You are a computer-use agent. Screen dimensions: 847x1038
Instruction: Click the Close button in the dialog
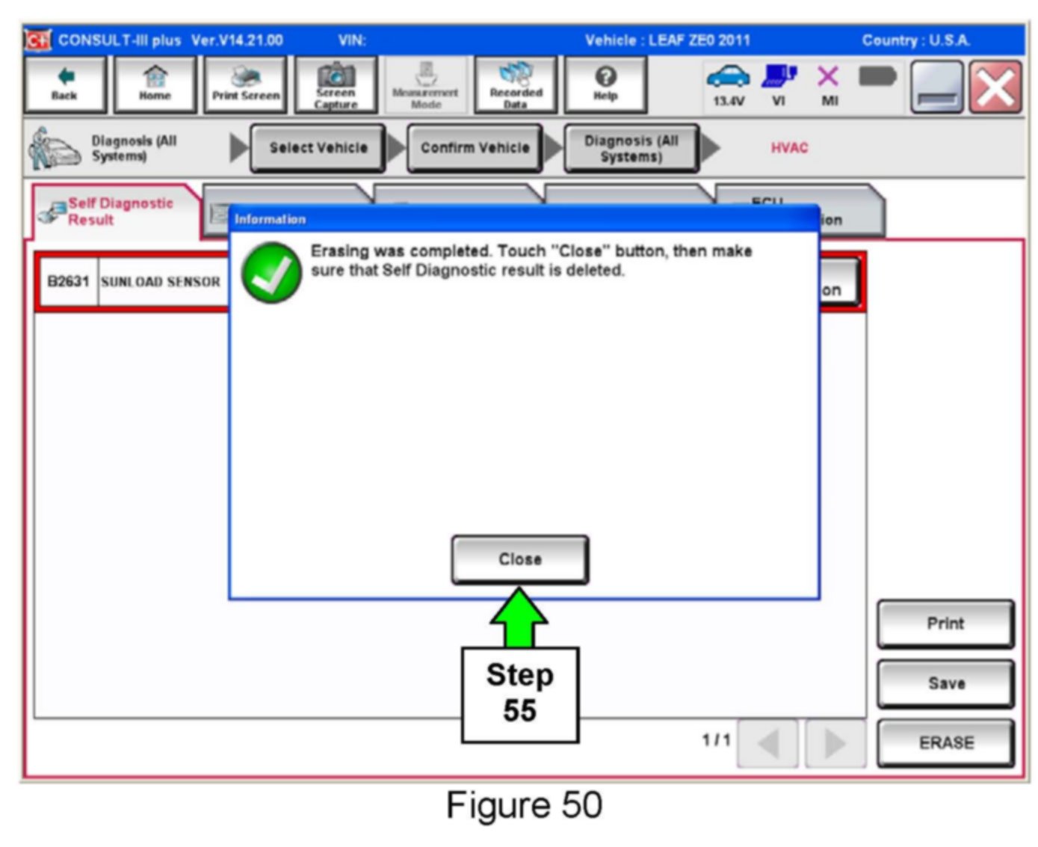[519, 559]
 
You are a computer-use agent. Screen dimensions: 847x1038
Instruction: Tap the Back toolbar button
[64, 84]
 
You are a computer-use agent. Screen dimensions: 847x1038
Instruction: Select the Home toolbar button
[155, 84]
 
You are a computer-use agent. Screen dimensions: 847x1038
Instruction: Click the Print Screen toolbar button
[246, 84]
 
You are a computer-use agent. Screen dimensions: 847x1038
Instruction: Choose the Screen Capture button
[336, 84]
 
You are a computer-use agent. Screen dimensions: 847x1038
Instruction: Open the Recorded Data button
[516, 84]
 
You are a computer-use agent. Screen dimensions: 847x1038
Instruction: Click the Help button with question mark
[605, 84]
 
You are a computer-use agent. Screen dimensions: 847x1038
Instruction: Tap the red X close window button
[995, 87]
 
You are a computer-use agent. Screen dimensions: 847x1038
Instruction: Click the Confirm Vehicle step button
[475, 148]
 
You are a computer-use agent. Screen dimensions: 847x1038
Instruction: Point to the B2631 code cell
[68, 282]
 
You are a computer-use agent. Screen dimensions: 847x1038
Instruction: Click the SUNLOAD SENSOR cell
[161, 282]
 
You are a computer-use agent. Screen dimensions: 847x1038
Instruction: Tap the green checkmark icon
[271, 273]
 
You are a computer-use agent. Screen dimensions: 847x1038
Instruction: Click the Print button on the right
[945, 623]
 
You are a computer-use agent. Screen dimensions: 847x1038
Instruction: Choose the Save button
[945, 683]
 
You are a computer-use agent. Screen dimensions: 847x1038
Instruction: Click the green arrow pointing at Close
[519, 617]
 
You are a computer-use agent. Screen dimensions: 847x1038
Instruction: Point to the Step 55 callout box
[520, 694]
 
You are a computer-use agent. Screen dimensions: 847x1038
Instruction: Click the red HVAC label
[789, 148]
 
